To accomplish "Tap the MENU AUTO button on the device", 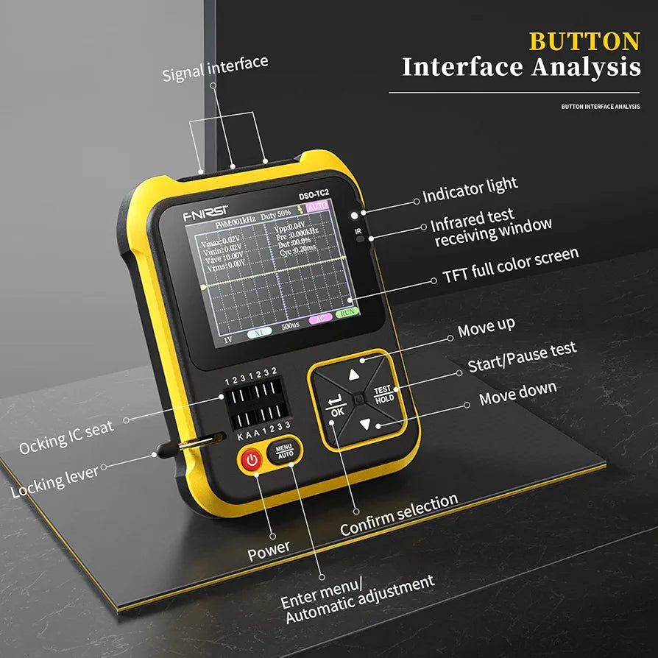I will point(284,450).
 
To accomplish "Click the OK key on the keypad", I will point(336,407).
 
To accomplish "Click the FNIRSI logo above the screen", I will point(205,217).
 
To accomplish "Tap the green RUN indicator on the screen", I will point(347,313).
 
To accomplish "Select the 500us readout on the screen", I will point(290,325).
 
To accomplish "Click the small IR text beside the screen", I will point(358,231).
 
